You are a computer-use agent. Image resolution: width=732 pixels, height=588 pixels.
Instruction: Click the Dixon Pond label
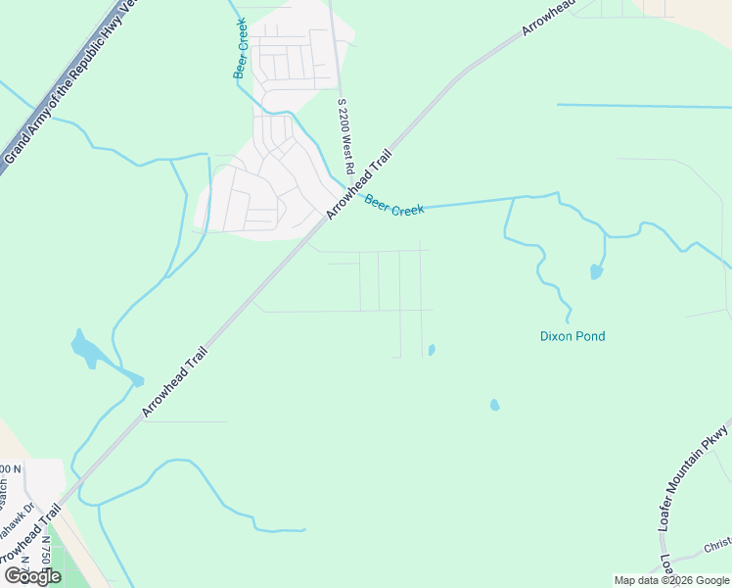(572, 336)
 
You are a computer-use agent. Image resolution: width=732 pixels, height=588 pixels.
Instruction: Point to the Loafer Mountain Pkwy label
(694, 478)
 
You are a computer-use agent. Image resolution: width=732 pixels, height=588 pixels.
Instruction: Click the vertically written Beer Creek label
(241, 49)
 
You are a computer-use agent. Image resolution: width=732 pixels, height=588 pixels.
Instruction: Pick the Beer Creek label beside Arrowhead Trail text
(394, 205)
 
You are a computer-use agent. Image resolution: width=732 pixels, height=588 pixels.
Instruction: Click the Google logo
(33, 576)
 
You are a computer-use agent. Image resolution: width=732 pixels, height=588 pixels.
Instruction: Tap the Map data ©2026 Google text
(671, 580)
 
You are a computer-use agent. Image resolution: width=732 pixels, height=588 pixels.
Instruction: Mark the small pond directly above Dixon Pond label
(596, 271)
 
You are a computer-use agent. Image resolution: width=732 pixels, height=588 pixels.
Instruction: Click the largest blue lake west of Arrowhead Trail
(86, 348)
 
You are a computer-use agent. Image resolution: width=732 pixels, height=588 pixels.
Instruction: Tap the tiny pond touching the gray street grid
(432, 349)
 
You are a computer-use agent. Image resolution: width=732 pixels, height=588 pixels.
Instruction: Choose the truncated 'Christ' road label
(717, 545)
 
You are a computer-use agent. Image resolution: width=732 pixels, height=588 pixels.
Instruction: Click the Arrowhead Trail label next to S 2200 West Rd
(359, 183)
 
